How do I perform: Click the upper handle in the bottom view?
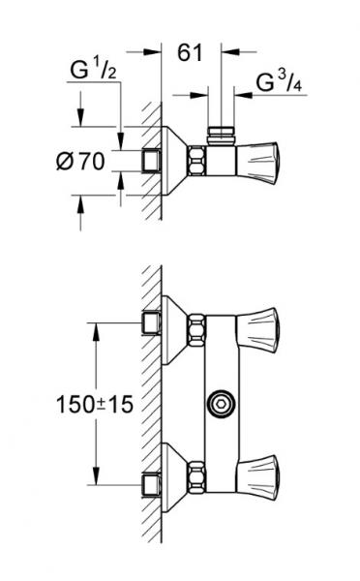click(262, 321)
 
